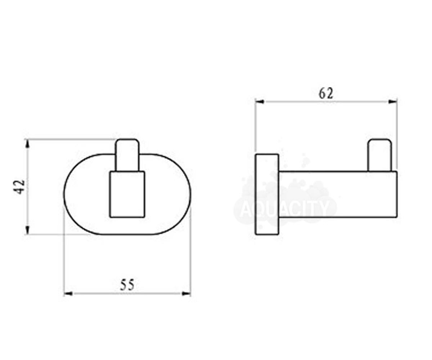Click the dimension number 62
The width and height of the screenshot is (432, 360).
pos(326,94)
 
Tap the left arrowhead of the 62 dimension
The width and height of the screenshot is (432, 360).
pos(260,102)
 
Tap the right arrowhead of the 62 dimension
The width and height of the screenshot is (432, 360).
pos(392,102)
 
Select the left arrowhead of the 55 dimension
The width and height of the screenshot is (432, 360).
pos(68,294)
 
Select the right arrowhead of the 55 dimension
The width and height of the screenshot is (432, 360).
pos(186,294)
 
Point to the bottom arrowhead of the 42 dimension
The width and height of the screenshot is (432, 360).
pos(28,230)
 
